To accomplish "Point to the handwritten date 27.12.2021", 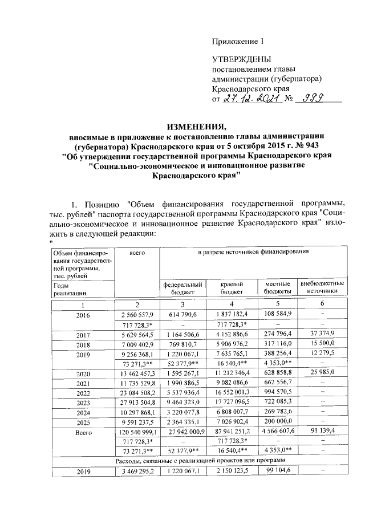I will pyautogui.click(x=251, y=99).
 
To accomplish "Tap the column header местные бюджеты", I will pyautogui.click(x=278, y=287).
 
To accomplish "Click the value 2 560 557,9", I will pyautogui.click(x=136, y=314).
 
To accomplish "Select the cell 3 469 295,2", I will pyautogui.click(x=136, y=471).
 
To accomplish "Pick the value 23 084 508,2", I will pyautogui.click(x=136, y=393).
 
